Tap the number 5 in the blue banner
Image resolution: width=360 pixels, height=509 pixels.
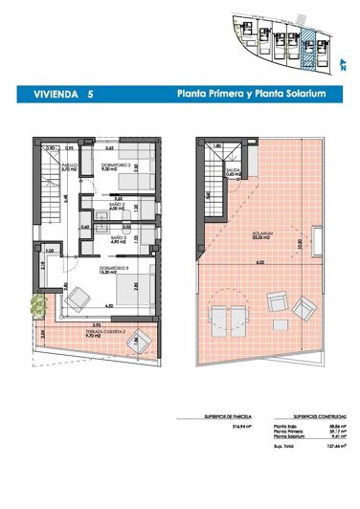[90, 96]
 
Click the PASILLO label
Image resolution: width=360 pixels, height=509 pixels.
[70, 165]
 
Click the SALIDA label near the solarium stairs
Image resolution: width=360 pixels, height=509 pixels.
[233, 173]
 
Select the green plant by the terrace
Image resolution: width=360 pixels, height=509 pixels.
[37, 304]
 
